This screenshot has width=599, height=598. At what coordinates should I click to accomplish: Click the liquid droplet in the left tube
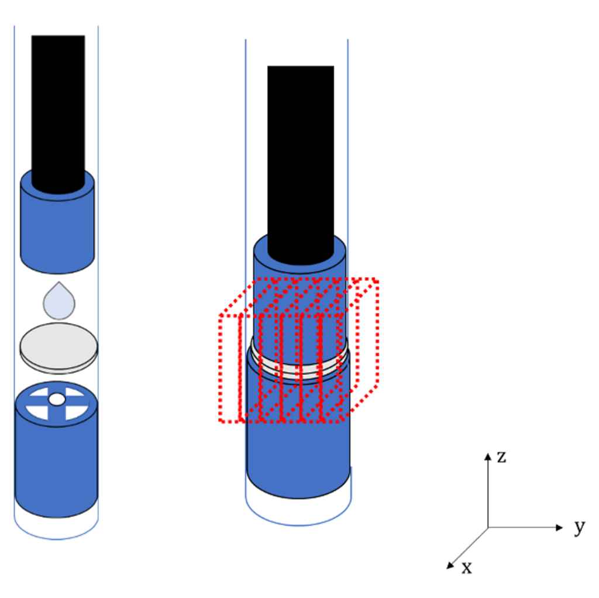(59, 303)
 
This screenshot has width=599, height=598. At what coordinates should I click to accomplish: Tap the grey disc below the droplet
(59, 348)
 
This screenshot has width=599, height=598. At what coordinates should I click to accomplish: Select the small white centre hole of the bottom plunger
(57, 399)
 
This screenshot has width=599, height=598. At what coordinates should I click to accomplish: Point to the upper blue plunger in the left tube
(57, 229)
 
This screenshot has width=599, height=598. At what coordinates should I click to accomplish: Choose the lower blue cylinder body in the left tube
(57, 459)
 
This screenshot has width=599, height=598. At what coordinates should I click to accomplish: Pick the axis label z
(501, 456)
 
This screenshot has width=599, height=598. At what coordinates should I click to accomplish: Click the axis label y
(580, 527)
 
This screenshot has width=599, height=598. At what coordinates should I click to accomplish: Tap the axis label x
(466, 568)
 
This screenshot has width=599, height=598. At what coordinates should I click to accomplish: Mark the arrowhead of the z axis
(488, 456)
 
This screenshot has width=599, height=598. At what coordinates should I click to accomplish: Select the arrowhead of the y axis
(559, 528)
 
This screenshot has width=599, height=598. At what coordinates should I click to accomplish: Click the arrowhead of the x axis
(450, 565)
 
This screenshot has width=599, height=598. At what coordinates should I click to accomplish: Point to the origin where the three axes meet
(488, 528)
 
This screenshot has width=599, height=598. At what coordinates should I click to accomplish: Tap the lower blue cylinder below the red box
(299, 459)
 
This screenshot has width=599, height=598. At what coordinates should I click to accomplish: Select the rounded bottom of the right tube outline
(298, 525)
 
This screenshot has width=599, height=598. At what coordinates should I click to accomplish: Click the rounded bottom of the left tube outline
(57, 539)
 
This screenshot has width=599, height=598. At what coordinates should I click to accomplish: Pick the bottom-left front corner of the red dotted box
(221, 421)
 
